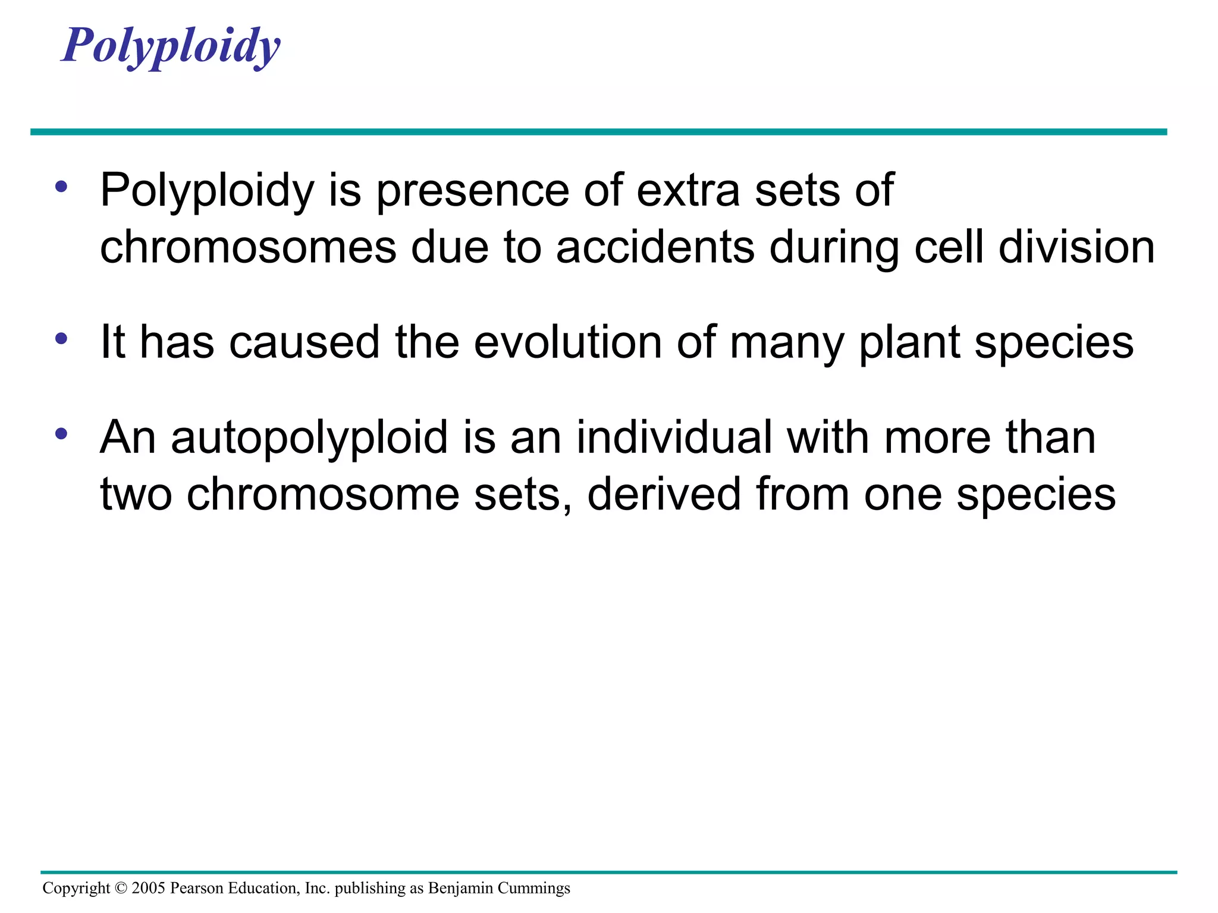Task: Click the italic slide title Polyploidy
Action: pyautogui.click(x=171, y=46)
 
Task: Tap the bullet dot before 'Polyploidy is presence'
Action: pyautogui.click(x=61, y=187)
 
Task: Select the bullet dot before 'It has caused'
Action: pyautogui.click(x=61, y=339)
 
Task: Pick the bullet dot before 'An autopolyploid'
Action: pyautogui.click(x=61, y=434)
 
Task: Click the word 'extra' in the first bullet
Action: pyautogui.click(x=688, y=190)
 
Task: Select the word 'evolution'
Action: pyautogui.click(x=567, y=342)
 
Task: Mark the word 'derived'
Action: pyautogui.click(x=664, y=494)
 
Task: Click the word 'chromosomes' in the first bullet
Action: pyautogui.click(x=248, y=247)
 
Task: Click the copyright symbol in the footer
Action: pyautogui.click(x=121, y=888)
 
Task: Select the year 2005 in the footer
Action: pyautogui.click(x=148, y=888)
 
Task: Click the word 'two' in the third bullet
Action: pyautogui.click(x=136, y=495)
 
